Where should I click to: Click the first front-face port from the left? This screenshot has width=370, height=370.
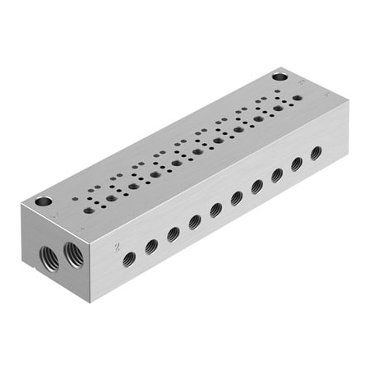[x=129, y=260]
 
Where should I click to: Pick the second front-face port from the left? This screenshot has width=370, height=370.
[x=151, y=246]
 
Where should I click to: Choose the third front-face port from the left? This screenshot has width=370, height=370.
[x=173, y=234]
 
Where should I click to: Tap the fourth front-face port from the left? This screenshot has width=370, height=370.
[x=195, y=221]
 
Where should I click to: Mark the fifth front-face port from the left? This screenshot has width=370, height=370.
[x=216, y=209]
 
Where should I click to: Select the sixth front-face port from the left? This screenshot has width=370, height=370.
[x=237, y=197]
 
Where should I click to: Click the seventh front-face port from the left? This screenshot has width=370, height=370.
[x=257, y=186]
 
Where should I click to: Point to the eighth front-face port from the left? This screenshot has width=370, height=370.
[x=277, y=174]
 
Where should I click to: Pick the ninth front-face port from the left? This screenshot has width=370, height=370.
[x=297, y=164]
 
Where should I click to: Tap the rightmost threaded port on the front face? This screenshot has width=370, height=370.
[x=316, y=153]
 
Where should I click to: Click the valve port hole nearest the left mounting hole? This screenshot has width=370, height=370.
[x=88, y=210]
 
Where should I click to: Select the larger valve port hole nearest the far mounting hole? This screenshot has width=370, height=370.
[x=278, y=106]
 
